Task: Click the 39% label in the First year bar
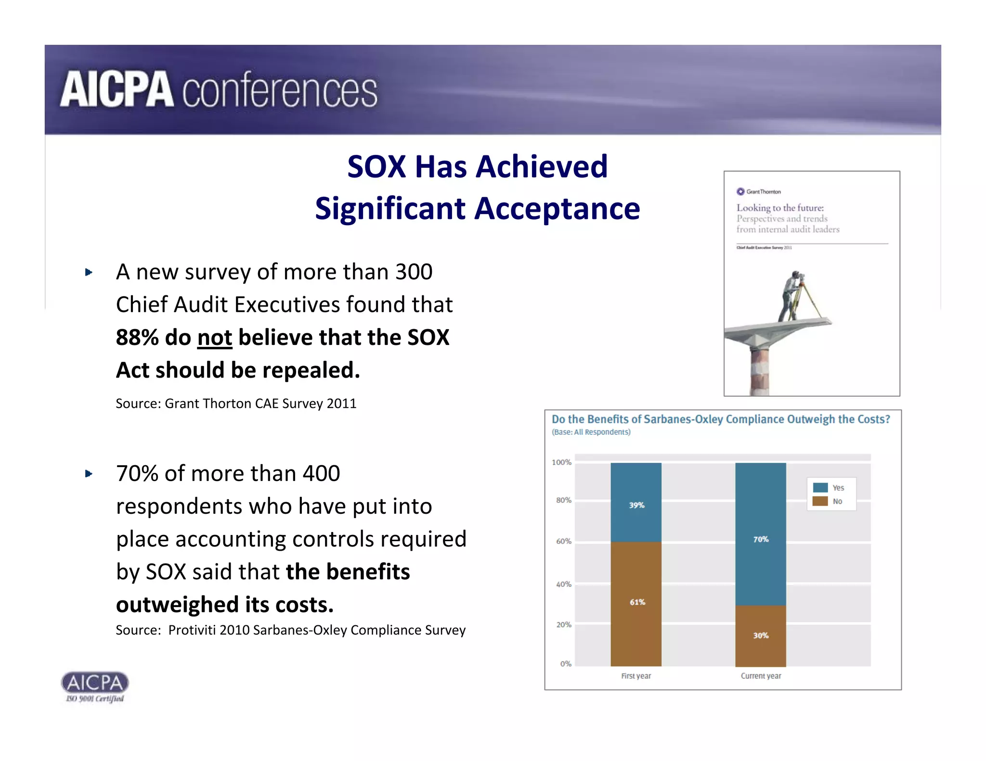(x=636, y=505)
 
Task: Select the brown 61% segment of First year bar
(x=636, y=604)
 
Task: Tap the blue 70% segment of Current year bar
(x=761, y=534)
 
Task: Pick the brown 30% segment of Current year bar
(x=761, y=635)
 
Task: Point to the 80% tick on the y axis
(x=563, y=500)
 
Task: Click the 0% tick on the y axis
(x=566, y=664)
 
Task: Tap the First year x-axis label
(x=636, y=676)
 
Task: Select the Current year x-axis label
(x=761, y=676)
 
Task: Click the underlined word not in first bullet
(x=215, y=338)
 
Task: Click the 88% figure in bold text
(x=137, y=338)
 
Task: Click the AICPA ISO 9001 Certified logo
(x=95, y=687)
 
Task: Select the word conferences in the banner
(x=279, y=90)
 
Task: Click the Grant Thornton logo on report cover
(x=759, y=191)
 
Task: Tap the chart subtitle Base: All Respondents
(x=591, y=432)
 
